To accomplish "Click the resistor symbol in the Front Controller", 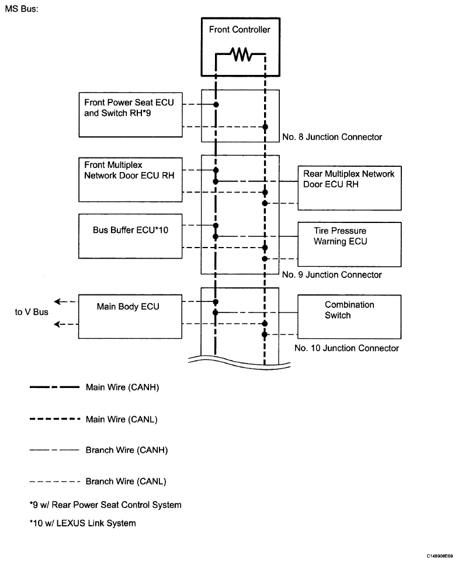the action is tap(241, 54).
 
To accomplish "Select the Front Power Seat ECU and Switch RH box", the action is tap(130, 115).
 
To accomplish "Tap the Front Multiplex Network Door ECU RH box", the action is tap(130, 180).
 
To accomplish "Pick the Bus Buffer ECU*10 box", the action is tap(130, 236).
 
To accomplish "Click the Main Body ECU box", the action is tap(130, 317).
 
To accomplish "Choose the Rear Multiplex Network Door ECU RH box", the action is tap(349, 188).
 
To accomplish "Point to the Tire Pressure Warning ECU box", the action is tap(349, 245).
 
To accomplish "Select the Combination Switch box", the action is tap(349, 317).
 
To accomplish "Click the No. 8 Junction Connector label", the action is tap(332, 137).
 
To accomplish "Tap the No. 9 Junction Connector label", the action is tap(332, 275).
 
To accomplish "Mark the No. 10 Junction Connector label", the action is tap(346, 348).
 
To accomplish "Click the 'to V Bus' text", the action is tap(32, 312).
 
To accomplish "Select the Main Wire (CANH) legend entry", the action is tap(94, 387).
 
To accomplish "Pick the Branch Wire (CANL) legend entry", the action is tap(98, 482).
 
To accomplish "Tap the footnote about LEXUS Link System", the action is tap(83, 523).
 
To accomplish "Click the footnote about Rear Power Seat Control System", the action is tap(105, 505).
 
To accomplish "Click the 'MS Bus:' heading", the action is tap(22, 9).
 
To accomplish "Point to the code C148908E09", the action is tap(439, 556).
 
